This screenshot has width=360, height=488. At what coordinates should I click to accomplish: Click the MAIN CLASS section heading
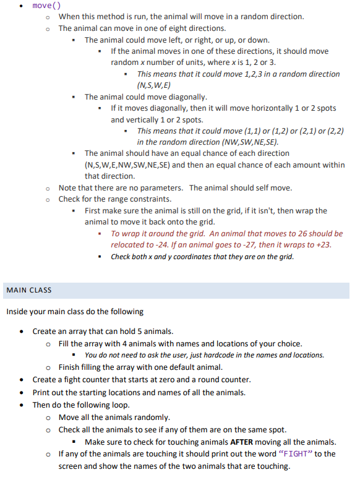29,289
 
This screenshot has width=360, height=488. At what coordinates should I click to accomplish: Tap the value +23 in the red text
322,245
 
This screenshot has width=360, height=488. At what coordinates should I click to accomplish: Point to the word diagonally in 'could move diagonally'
186,96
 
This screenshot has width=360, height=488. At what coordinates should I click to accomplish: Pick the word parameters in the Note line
162,188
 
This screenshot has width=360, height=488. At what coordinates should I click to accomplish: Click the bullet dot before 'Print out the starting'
22,393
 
